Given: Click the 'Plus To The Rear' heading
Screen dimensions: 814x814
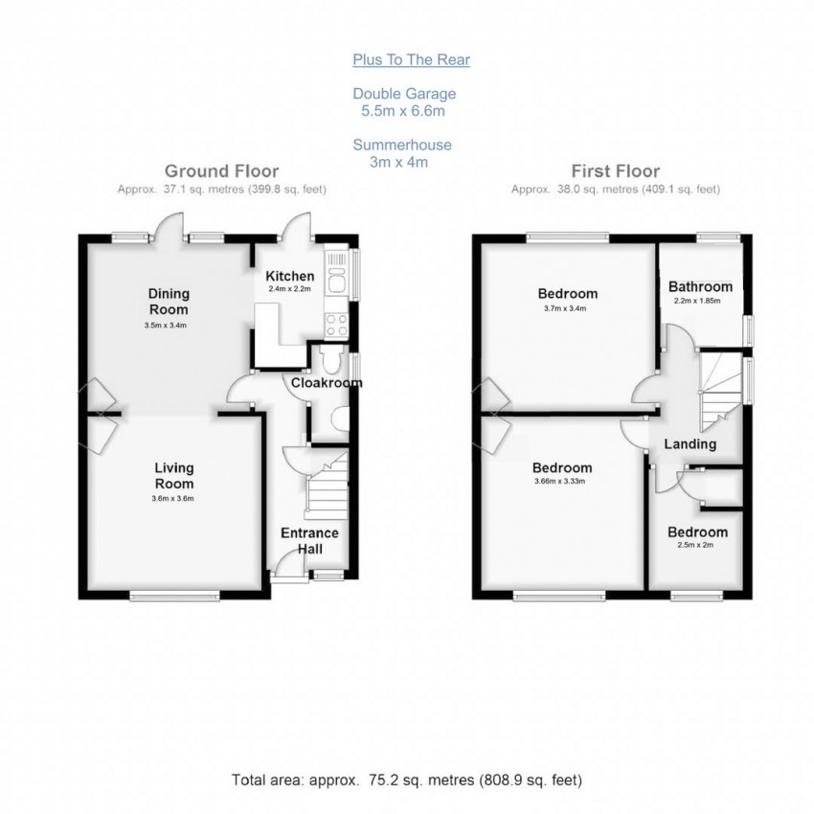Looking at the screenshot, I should [x=411, y=60].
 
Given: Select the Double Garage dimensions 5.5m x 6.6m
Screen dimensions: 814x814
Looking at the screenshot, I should [x=403, y=111].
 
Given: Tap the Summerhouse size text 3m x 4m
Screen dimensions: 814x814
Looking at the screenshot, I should [x=397, y=162].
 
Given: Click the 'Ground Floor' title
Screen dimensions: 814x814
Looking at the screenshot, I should [x=220, y=171].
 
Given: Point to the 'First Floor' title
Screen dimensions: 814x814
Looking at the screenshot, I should [x=616, y=171].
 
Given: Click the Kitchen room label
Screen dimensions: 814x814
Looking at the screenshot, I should [x=290, y=276].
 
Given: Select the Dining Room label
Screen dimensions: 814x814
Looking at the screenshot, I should [x=168, y=301].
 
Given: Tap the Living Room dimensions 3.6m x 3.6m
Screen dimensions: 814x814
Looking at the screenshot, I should [x=173, y=498].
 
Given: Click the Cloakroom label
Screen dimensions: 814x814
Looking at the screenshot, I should [x=327, y=383].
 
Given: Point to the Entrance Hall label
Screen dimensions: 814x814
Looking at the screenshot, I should [x=308, y=540].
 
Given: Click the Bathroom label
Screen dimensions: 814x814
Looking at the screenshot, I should [x=700, y=286].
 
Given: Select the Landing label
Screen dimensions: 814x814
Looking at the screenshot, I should [x=690, y=444].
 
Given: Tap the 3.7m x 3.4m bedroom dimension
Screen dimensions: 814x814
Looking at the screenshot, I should [x=567, y=309].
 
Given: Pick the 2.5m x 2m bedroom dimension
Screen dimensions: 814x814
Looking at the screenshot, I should [x=697, y=546].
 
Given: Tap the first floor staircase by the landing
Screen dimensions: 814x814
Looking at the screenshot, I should [x=721, y=393].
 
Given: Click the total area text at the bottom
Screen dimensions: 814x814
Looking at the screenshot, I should [x=407, y=780].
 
